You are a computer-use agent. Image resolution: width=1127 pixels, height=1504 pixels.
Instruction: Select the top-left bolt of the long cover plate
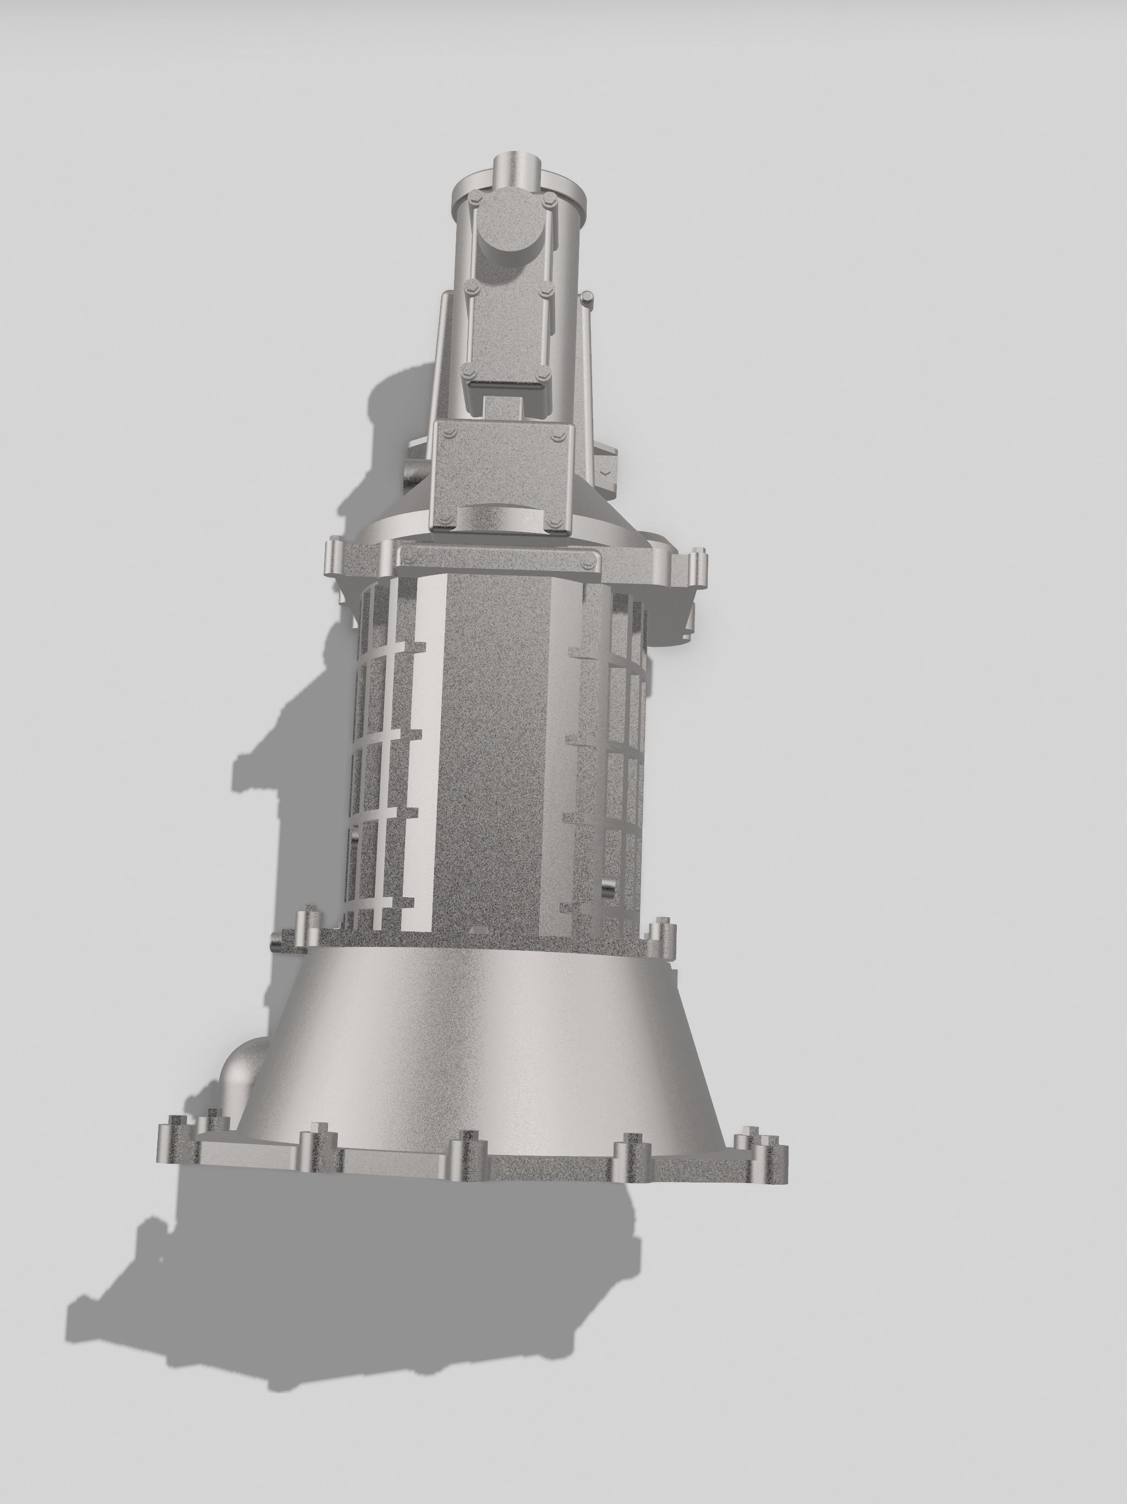475,199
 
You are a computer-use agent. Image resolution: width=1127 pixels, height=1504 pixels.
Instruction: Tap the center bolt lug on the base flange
468,1154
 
